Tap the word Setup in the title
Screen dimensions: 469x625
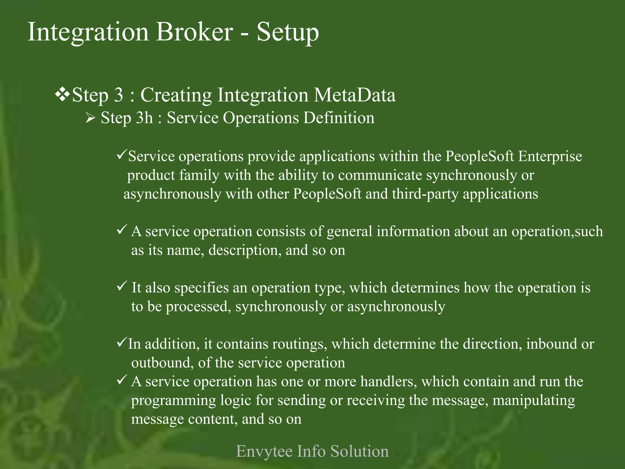(x=287, y=33)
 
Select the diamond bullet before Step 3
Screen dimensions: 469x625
(x=62, y=95)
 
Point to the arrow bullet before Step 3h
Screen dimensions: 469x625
(x=91, y=118)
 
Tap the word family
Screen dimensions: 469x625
(x=199, y=175)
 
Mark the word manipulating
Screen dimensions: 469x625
(x=534, y=400)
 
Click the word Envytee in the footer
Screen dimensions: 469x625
(x=264, y=451)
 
